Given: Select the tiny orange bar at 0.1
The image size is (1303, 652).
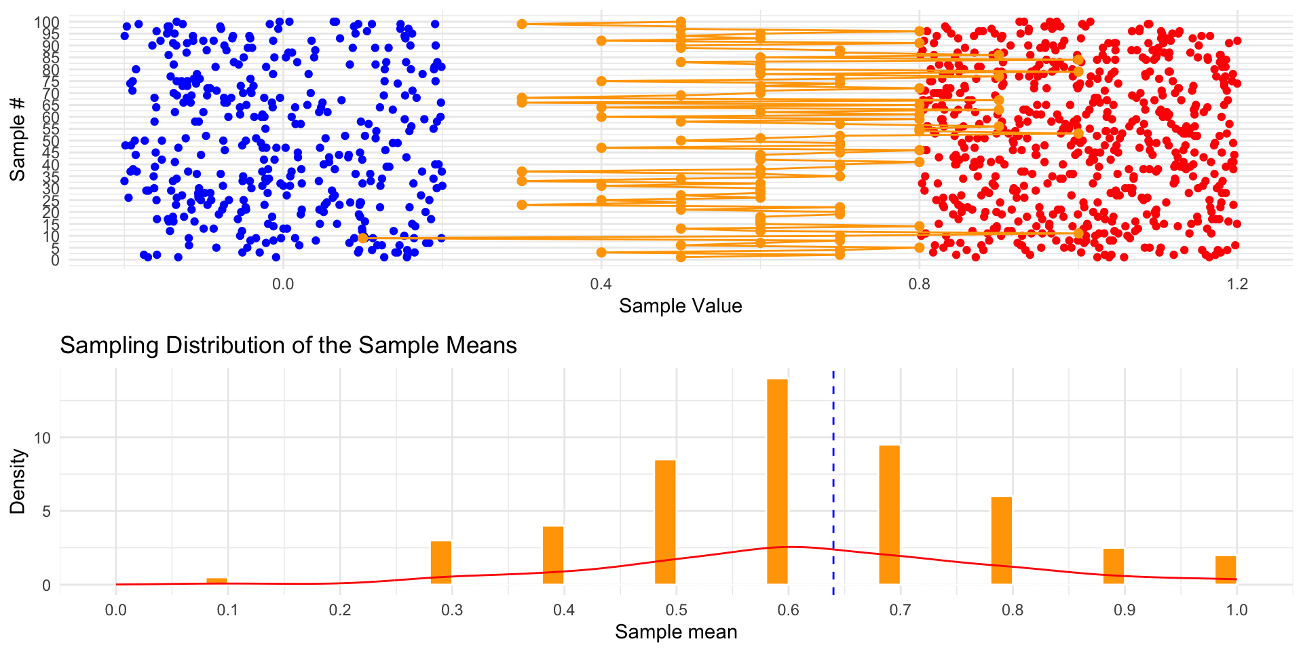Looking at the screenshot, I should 216,581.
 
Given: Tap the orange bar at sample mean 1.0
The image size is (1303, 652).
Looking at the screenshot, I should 1226,570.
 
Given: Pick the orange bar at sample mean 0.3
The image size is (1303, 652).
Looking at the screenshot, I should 441,562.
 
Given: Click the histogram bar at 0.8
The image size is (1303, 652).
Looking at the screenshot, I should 1002,540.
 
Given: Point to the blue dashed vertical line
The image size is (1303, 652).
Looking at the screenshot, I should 833,475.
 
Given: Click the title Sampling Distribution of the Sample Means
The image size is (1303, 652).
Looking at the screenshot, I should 288,346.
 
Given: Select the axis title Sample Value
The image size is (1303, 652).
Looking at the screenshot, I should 680,306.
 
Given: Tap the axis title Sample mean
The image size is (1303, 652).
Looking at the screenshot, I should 676,632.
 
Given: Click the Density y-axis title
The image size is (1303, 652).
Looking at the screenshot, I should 18,481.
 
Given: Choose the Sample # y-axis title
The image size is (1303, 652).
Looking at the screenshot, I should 18,139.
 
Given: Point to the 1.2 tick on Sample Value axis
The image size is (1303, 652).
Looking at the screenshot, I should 1238,283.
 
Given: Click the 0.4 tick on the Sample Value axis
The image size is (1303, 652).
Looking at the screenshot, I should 601,283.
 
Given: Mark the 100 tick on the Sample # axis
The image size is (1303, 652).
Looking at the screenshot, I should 47,22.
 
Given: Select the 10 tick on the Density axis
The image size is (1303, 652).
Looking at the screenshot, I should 42,437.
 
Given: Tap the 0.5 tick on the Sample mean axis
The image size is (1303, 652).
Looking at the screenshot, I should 676,609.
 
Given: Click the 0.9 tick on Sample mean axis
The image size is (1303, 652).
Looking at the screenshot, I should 1125,609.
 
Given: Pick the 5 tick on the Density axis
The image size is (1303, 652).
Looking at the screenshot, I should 46,511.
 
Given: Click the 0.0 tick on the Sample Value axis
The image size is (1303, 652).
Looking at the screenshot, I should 283,283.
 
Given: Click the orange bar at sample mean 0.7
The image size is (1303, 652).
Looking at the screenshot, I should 889,514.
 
